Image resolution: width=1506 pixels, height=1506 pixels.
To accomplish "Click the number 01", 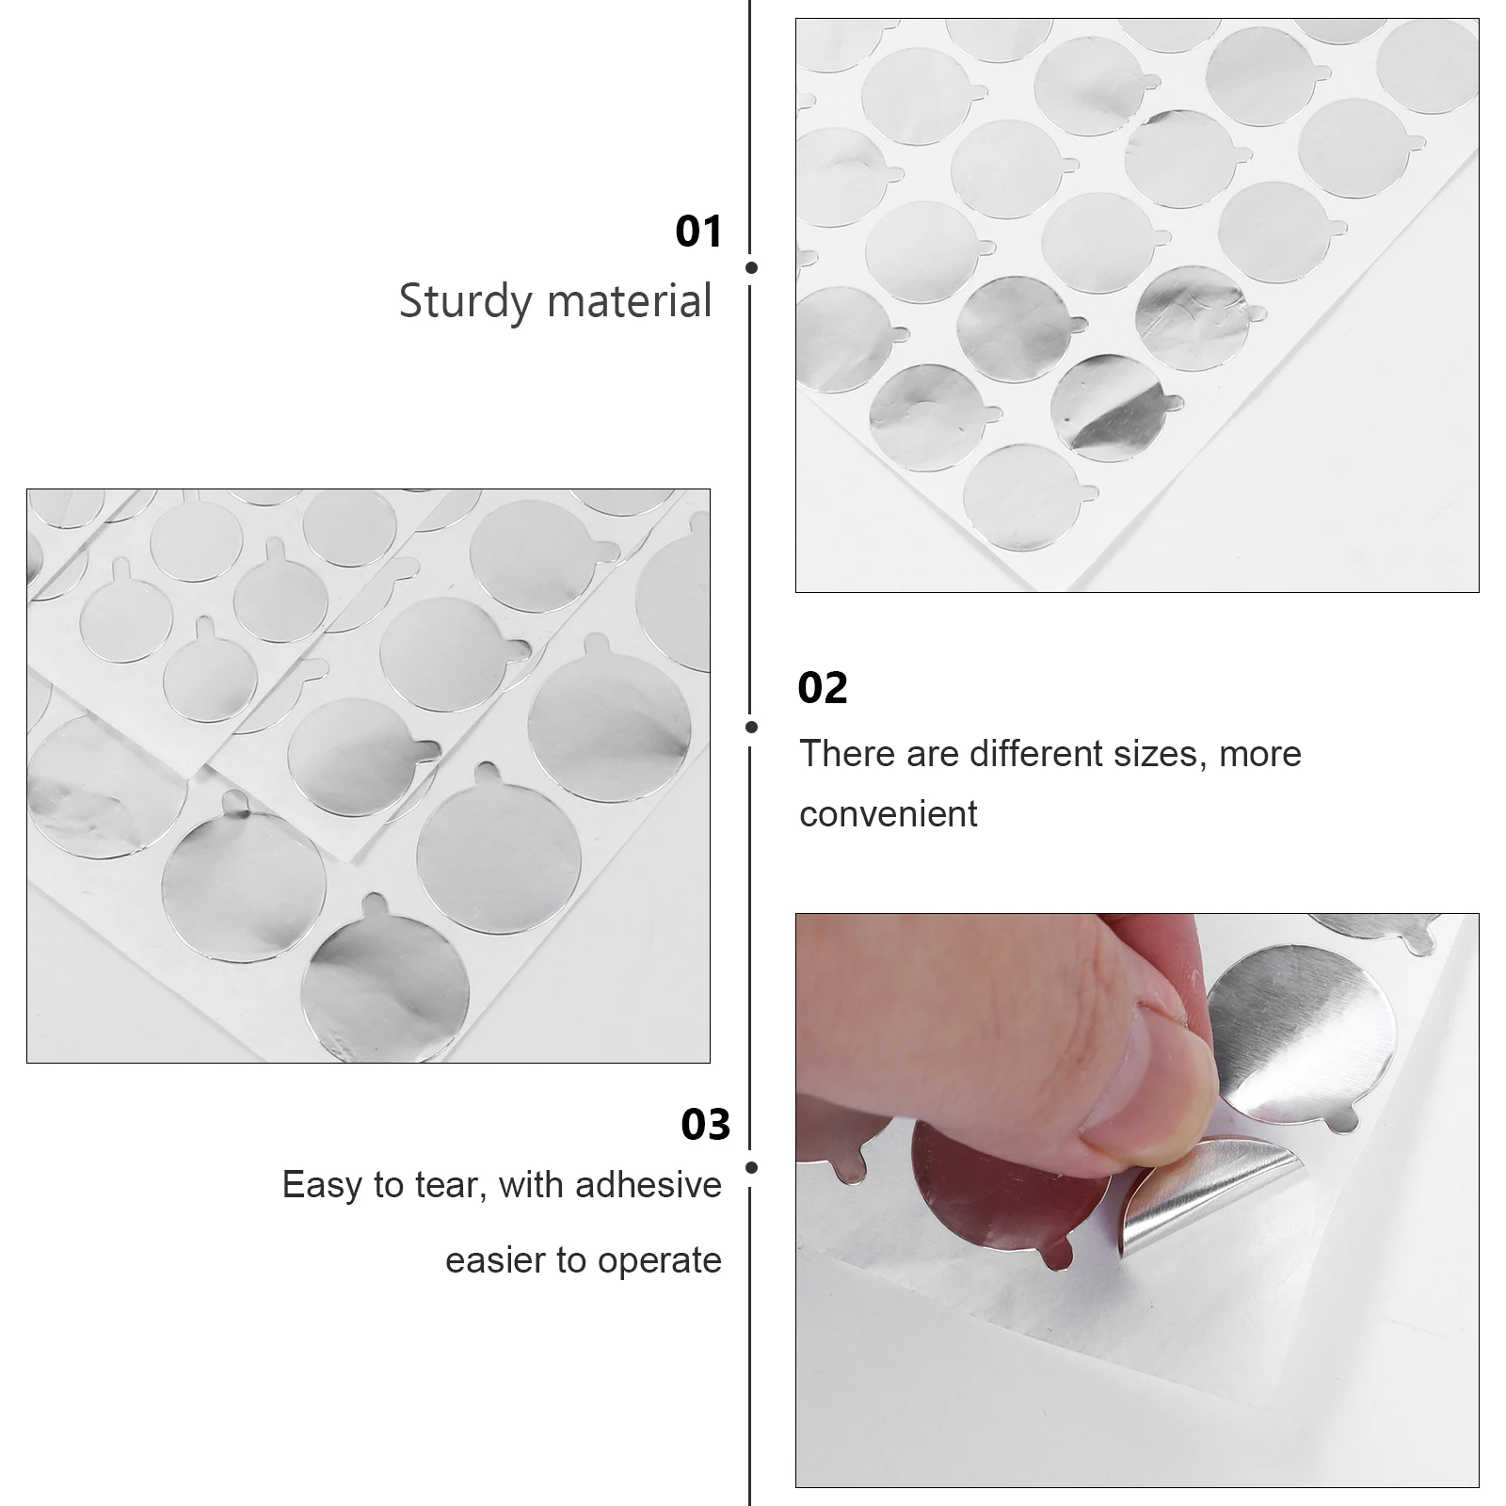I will (698, 232).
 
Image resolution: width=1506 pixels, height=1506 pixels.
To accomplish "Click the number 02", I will (823, 688).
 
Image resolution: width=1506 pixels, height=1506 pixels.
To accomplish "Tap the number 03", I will (705, 1125).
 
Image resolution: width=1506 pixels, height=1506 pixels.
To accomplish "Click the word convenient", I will (888, 814).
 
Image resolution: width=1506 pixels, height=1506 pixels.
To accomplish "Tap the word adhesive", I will (649, 1184).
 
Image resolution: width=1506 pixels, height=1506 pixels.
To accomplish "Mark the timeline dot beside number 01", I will (751, 267).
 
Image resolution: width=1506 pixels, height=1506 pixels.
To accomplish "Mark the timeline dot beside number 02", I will (751, 727).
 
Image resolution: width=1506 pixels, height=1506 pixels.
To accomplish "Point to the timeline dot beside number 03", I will (751, 1167).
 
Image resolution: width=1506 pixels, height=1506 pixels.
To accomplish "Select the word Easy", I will (323, 1185).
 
